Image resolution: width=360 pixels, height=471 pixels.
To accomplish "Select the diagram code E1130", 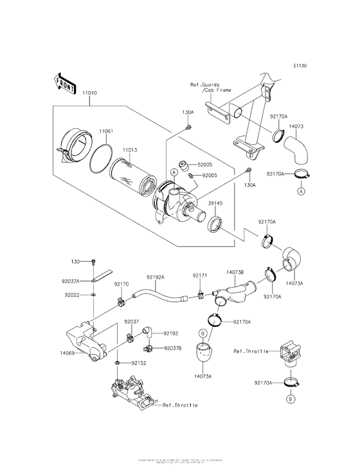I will [x=300, y=66].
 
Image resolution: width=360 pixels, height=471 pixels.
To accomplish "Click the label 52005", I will [x=206, y=165].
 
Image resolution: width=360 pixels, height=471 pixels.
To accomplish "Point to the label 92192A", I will [x=156, y=277].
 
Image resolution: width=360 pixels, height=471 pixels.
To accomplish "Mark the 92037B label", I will [x=172, y=347].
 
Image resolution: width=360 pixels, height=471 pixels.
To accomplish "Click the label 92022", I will [x=71, y=294].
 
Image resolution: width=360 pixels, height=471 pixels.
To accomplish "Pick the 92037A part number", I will [x=73, y=281].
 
